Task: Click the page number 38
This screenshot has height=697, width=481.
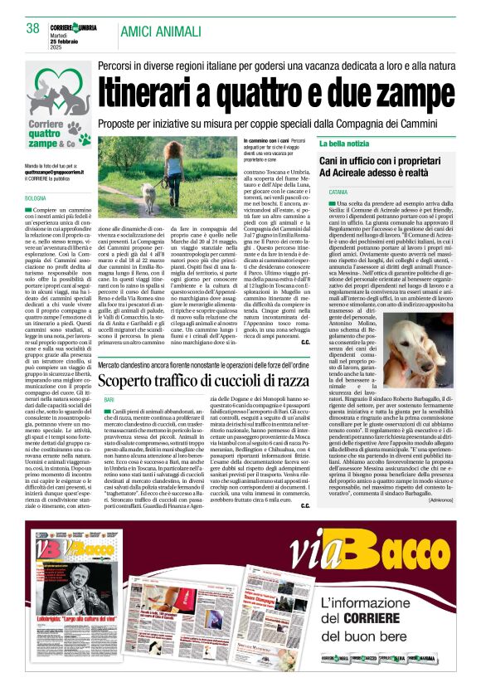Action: [33, 28]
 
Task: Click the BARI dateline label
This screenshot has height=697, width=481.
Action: [109, 399]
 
